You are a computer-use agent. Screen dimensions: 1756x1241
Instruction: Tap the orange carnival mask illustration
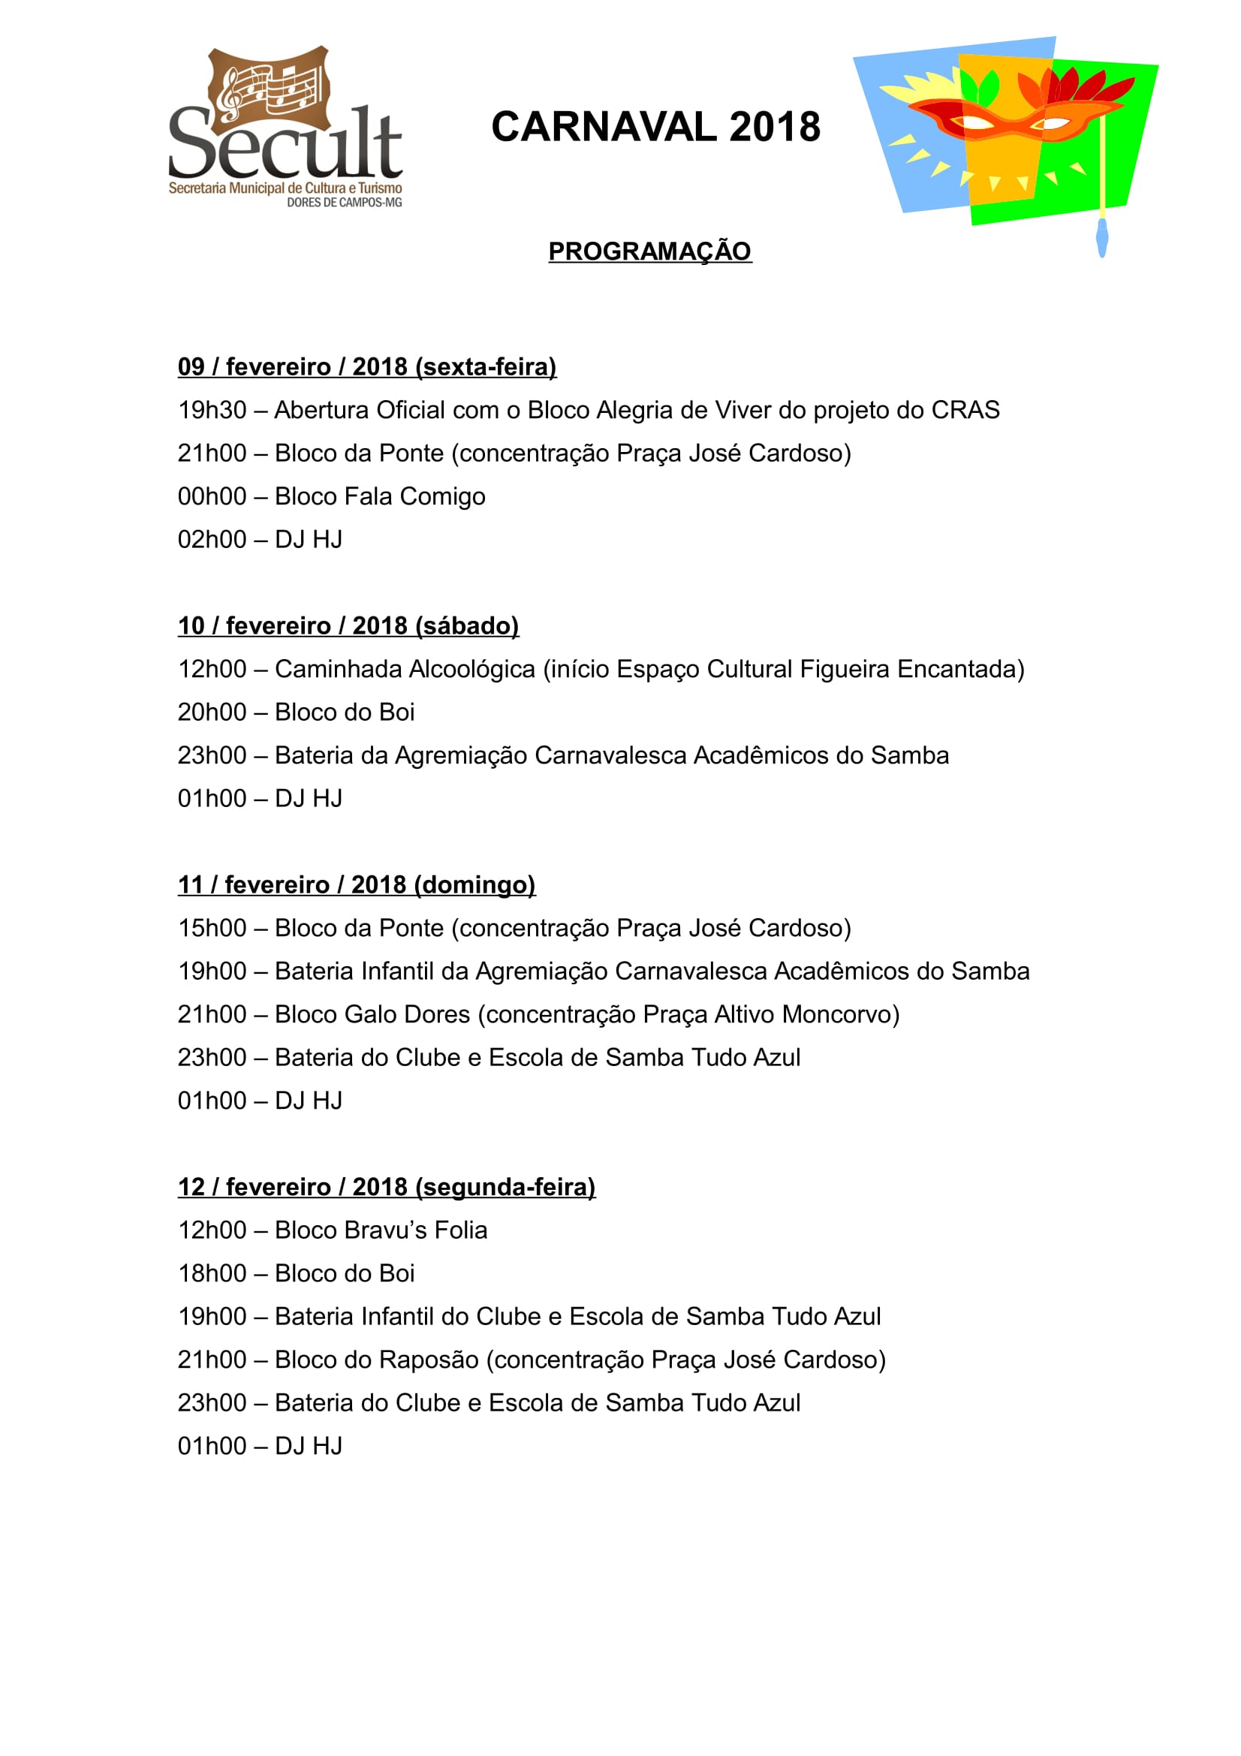tap(1009, 119)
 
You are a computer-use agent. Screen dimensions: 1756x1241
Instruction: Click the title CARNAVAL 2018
tap(655, 127)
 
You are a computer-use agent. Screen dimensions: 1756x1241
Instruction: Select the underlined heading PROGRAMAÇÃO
tap(649, 251)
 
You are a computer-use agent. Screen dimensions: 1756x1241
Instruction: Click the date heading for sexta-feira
tap(367, 367)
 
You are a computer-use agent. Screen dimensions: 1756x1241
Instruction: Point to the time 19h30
tap(212, 411)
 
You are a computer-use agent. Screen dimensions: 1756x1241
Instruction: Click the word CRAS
tap(965, 411)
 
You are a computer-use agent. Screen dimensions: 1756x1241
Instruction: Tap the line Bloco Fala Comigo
tap(379, 497)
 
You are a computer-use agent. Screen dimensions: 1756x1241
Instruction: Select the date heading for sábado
tap(348, 625)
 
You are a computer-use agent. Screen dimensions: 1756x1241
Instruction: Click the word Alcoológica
tap(470, 669)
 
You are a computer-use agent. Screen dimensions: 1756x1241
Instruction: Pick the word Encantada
tap(959, 669)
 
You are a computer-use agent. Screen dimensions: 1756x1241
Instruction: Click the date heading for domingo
tap(357, 885)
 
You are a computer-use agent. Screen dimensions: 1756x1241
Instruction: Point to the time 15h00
tap(212, 929)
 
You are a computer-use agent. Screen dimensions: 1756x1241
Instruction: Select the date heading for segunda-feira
tap(386, 1187)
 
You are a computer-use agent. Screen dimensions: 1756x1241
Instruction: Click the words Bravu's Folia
tap(415, 1230)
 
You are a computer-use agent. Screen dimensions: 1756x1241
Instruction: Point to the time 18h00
tap(212, 1273)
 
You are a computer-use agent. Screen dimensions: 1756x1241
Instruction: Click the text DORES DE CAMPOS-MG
tap(344, 203)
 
